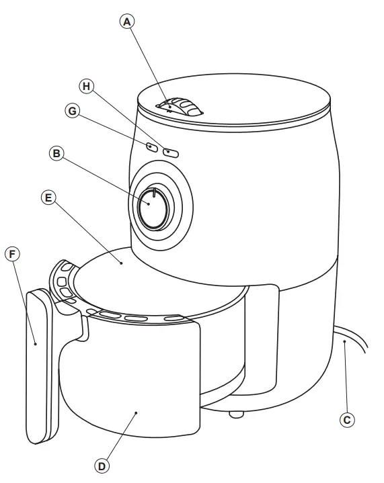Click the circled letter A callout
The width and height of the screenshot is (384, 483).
pyautogui.click(x=127, y=21)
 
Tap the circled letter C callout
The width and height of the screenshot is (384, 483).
pyautogui.click(x=347, y=420)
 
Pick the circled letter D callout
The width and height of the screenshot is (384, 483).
pyautogui.click(x=102, y=465)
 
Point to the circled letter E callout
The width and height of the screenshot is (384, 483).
pyautogui.click(x=48, y=197)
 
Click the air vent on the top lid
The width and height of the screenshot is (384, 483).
pyautogui.click(x=180, y=107)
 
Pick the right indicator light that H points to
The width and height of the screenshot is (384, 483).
pyautogui.click(x=171, y=152)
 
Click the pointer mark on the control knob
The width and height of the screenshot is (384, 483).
pyautogui.click(x=154, y=194)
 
